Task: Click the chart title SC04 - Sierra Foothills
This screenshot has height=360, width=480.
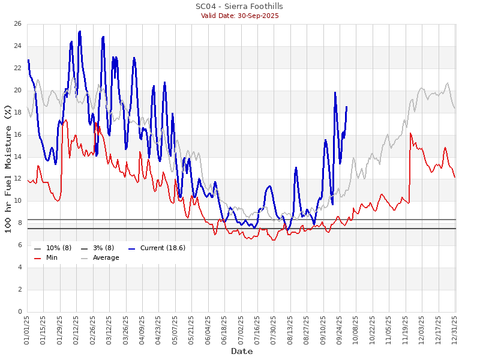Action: (x=239, y=6)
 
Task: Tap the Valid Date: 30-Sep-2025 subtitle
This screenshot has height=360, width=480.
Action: (x=239, y=16)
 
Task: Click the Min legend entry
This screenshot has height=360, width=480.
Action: (x=52, y=258)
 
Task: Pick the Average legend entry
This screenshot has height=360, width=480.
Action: (x=106, y=258)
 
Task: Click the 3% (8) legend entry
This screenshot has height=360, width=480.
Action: (x=101, y=248)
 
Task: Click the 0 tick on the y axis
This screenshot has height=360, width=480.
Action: (x=19, y=312)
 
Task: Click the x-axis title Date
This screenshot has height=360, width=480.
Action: (x=242, y=352)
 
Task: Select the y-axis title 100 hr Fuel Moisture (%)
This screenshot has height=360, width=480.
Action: (x=8, y=168)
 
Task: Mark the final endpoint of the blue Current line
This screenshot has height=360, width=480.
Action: (x=346, y=106)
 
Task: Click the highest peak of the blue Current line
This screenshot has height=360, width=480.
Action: (x=80, y=31)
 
